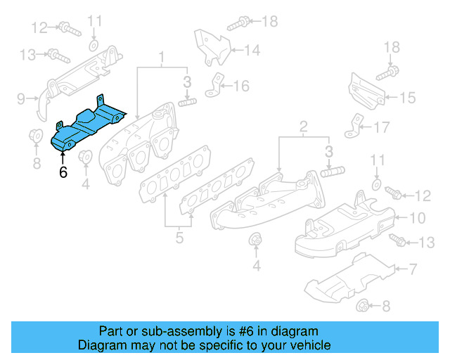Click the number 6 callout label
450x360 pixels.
coord(63,171)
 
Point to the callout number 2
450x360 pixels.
coord(303,127)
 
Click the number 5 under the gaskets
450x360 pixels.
coord(179,238)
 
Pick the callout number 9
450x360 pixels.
coord(20,97)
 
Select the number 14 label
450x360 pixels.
coord(252,50)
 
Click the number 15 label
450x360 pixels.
coord(407,98)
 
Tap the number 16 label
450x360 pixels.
coord(240,86)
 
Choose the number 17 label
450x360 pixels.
coord(381,128)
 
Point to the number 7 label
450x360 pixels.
coord(413,268)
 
